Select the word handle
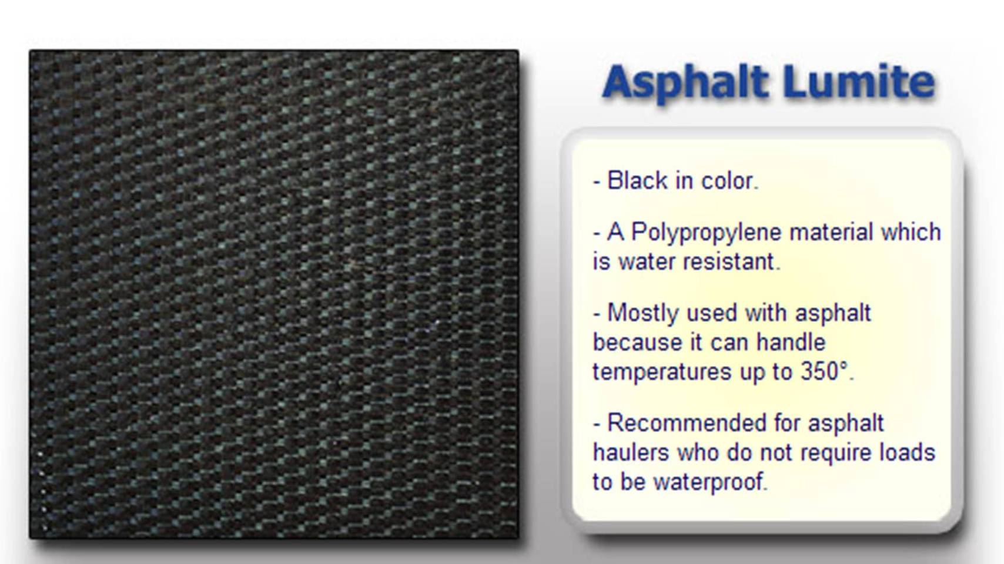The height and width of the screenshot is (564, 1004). click(791, 343)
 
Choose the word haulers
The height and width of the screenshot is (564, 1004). click(631, 452)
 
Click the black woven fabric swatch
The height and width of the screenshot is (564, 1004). click(275, 294)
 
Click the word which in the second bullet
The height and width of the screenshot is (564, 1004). click(911, 232)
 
